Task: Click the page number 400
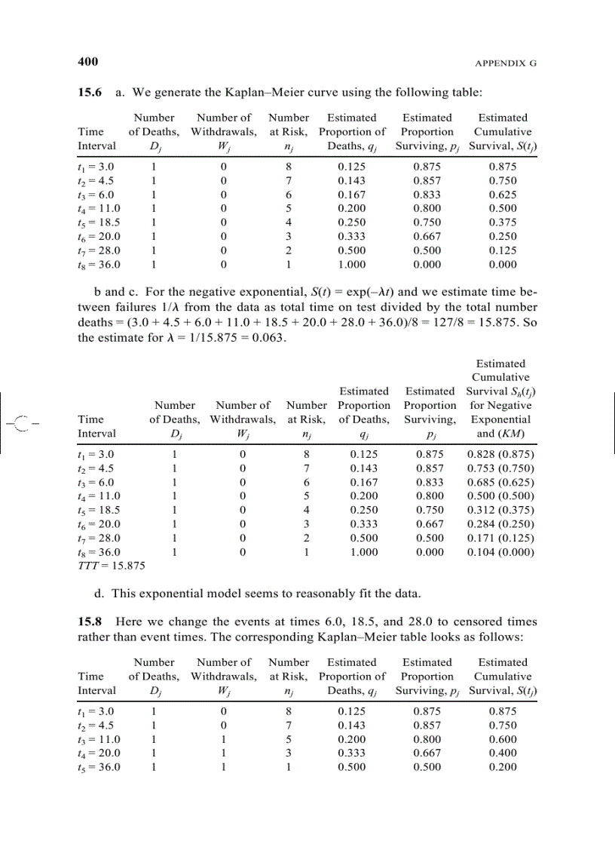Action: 88,61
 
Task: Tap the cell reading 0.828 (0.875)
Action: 500,455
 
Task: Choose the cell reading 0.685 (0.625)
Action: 500,483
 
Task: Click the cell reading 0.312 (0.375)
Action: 500,511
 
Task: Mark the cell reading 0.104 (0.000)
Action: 500,552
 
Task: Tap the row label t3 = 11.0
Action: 99,739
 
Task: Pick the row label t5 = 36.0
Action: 99,767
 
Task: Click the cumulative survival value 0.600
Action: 503,739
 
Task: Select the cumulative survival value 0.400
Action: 503,753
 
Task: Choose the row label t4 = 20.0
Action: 99,753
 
